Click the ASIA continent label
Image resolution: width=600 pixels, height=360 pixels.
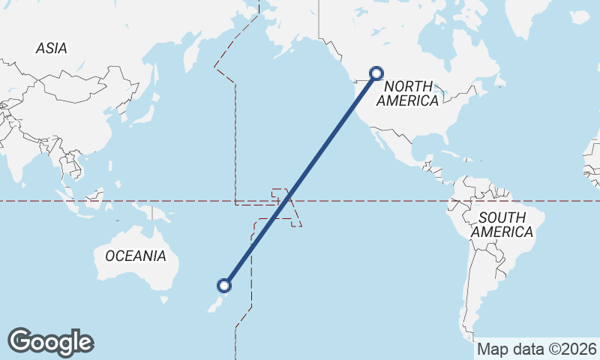tap(51, 48)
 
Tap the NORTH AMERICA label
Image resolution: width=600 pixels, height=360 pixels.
tap(409, 93)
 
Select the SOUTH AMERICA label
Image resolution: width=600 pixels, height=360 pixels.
tap(502, 225)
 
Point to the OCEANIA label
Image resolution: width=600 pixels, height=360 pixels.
tap(135, 256)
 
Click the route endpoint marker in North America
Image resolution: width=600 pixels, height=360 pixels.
tap(376, 73)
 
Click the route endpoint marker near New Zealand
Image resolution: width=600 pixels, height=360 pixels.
tap(223, 285)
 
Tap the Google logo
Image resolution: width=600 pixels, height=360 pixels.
tap(50, 342)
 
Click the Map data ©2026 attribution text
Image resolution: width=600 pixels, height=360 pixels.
tap(537, 349)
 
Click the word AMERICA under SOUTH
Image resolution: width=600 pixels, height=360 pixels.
tap(502, 232)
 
